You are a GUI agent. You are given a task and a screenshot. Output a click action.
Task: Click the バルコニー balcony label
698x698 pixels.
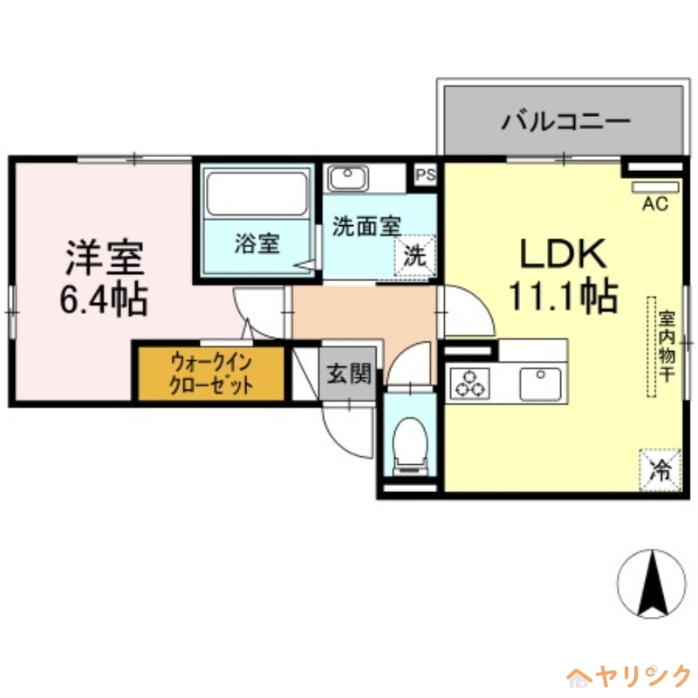click(565, 120)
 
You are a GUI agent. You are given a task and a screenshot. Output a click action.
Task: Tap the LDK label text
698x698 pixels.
click(562, 254)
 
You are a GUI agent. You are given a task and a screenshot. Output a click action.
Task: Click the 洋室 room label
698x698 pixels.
click(101, 257)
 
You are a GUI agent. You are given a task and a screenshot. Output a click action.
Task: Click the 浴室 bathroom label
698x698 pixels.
click(257, 244)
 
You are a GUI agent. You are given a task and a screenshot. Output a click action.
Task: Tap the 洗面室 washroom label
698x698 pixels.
click(366, 225)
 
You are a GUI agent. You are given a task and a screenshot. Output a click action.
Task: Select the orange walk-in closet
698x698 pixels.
click(211, 373)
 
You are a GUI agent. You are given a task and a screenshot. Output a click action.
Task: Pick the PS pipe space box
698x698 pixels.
click(425, 174)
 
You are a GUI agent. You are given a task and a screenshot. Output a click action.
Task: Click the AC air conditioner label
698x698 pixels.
click(654, 205)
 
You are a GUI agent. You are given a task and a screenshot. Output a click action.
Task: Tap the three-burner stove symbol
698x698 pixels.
click(469, 384)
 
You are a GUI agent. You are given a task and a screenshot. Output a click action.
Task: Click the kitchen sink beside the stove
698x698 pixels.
click(542, 384)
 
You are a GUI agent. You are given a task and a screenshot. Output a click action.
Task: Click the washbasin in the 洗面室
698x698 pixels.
click(348, 178)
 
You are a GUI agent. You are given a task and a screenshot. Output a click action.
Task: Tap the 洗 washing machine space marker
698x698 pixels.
click(415, 257)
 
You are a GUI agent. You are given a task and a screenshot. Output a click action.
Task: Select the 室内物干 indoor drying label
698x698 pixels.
click(667, 347)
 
